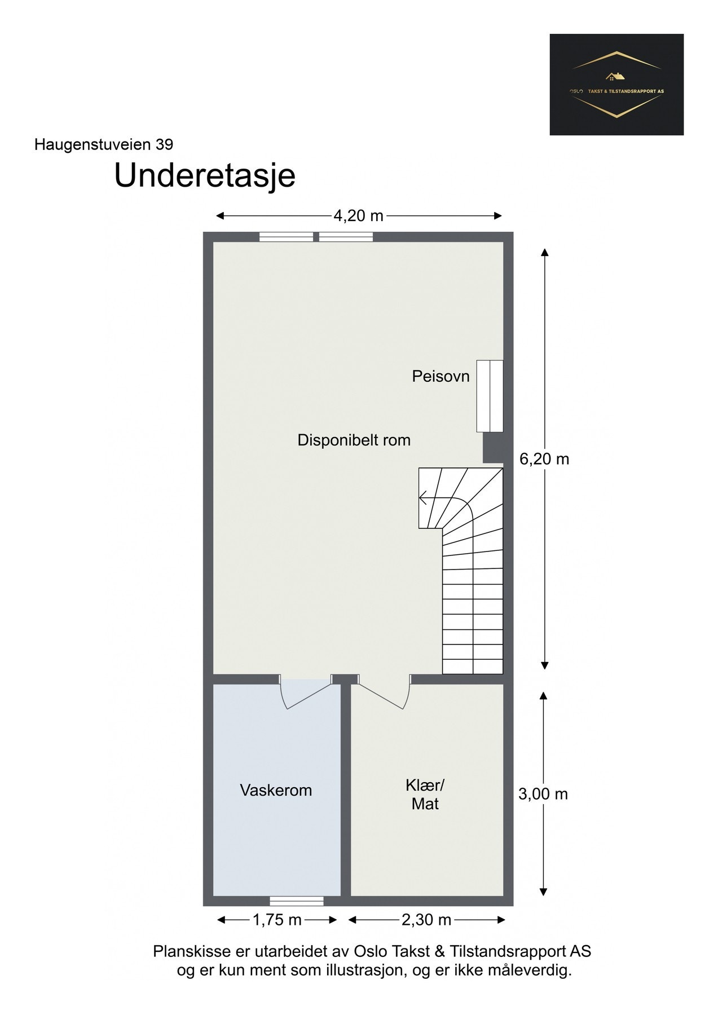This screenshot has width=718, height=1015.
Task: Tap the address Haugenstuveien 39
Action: [x=104, y=144]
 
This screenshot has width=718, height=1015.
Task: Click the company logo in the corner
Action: [x=616, y=85]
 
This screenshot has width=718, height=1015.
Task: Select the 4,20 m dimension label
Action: [x=358, y=215]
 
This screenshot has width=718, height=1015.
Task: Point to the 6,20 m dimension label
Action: [x=544, y=459]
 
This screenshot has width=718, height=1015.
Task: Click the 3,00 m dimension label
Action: [x=543, y=794]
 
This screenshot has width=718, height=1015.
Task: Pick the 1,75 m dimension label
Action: [x=277, y=920]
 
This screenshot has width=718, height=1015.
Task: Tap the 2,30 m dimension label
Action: [x=426, y=920]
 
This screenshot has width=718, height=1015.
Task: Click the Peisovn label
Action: [x=441, y=376]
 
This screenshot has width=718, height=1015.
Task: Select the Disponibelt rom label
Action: [x=354, y=440]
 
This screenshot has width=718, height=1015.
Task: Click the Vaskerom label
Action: [x=276, y=790]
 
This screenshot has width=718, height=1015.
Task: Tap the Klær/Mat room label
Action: [x=425, y=794]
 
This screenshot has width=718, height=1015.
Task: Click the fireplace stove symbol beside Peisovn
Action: [x=490, y=396]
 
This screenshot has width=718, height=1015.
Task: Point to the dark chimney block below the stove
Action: [x=493, y=448]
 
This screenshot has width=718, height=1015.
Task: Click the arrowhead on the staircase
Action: [x=423, y=498]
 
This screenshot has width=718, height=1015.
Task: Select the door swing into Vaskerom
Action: [x=305, y=692]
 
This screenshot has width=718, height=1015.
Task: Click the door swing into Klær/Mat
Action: [x=384, y=692]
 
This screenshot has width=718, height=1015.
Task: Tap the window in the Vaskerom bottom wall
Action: [x=297, y=901]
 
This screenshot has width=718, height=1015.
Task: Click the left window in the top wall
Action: [x=286, y=237]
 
